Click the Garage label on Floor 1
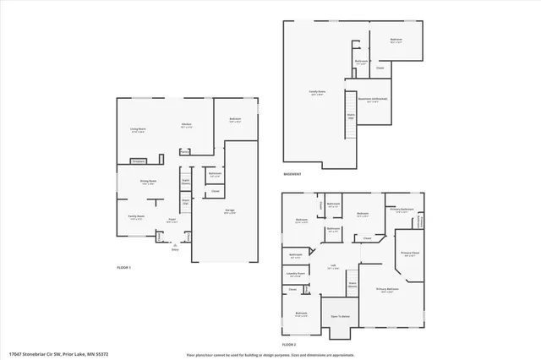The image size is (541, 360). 229,212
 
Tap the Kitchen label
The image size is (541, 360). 186,125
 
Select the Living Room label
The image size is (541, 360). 138,129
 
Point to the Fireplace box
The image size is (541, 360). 137,161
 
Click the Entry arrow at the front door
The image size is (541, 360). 175,246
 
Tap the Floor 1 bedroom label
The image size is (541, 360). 235,119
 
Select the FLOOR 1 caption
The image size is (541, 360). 124,267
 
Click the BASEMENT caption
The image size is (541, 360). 293,176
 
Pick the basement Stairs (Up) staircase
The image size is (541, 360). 351,117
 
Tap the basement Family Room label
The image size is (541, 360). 318,93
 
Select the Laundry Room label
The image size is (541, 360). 295,274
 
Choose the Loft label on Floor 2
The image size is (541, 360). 333,267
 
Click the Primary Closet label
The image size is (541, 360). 411,254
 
